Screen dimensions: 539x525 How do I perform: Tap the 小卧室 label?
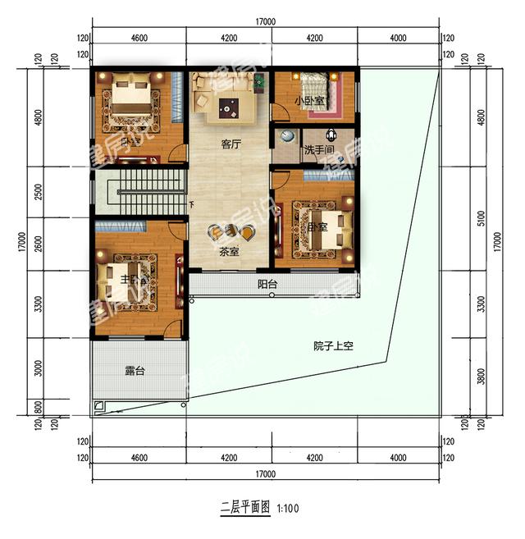pyautogui.click(x=309, y=101)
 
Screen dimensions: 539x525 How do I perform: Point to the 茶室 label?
pyautogui.click(x=229, y=252)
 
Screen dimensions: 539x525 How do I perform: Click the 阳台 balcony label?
pyautogui.click(x=267, y=284)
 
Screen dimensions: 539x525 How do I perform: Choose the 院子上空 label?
pyautogui.click(x=332, y=345)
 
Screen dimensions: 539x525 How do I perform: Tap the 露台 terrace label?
pyautogui.click(x=135, y=371)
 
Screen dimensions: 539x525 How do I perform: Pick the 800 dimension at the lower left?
pyautogui.click(x=39, y=406)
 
